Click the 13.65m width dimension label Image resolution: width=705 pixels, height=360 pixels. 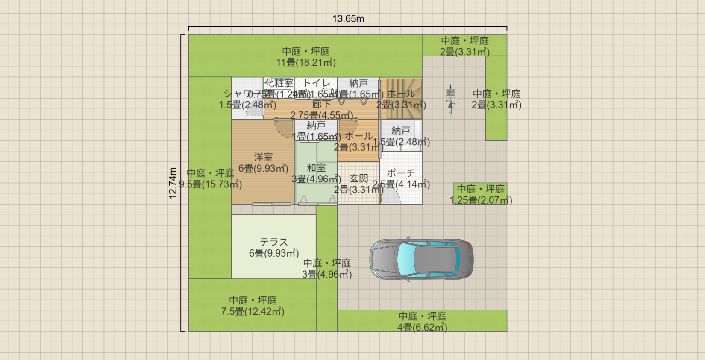click(348, 19)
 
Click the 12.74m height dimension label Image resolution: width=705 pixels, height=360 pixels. click(173, 183)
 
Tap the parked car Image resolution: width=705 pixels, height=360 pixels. click(421, 259)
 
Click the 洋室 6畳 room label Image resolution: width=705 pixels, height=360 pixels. click(263, 163)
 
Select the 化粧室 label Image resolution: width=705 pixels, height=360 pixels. click(279, 83)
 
